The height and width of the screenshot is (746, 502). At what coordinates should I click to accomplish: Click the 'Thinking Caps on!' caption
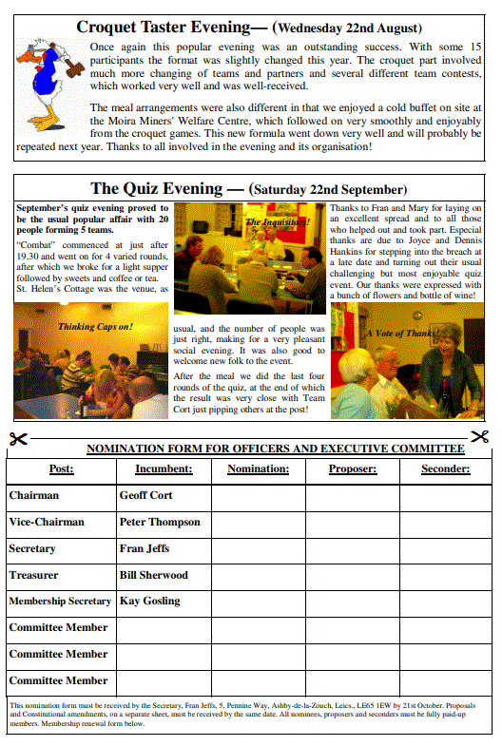pos(95,326)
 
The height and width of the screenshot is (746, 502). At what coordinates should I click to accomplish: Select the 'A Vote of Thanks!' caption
pos(398,334)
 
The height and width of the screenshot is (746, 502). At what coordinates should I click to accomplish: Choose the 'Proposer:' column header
pos(352,469)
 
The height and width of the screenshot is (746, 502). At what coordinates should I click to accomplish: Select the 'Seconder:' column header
pos(445,469)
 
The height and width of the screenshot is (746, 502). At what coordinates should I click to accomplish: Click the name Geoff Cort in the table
pos(145,495)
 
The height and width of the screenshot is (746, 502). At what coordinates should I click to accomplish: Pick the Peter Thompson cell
pos(160,522)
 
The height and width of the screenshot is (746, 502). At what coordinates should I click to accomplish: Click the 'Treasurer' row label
pos(33,575)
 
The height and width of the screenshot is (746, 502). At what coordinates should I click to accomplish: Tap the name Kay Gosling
pos(149,602)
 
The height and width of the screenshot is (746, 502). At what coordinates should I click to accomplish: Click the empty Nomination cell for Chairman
pos(258,495)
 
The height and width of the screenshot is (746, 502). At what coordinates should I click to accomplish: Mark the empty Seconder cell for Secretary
pos(445,548)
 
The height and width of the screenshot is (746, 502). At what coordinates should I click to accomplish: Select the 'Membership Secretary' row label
pos(60,602)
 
